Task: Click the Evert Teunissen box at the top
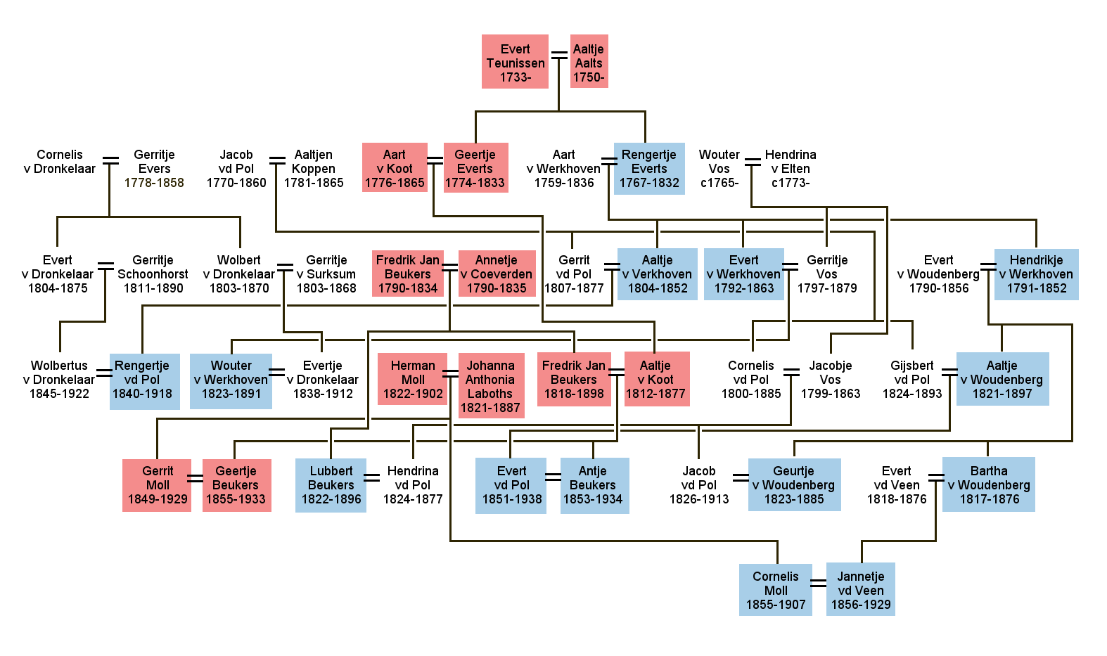click(x=515, y=62)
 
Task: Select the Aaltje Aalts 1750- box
click(x=589, y=62)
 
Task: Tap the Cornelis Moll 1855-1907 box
click(x=775, y=589)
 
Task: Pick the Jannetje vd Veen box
click(x=860, y=589)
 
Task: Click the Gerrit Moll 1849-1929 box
click(x=157, y=485)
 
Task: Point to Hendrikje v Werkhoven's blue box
click(x=1035, y=274)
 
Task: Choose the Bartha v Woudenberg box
click(x=988, y=484)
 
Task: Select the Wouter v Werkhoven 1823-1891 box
click(x=231, y=380)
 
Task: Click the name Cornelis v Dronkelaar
click(x=60, y=161)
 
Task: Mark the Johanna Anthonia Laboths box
click(x=490, y=385)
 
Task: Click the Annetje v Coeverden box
click(x=497, y=274)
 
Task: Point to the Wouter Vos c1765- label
click(x=719, y=169)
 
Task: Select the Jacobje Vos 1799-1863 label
click(x=830, y=380)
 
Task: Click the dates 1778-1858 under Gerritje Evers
click(x=154, y=183)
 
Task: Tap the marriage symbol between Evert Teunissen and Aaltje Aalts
click(x=559, y=56)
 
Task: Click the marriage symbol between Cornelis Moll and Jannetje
click(x=818, y=583)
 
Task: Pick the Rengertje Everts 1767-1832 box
click(x=649, y=169)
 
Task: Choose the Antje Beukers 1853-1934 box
click(x=593, y=485)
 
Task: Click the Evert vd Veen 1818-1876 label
click(x=896, y=485)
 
